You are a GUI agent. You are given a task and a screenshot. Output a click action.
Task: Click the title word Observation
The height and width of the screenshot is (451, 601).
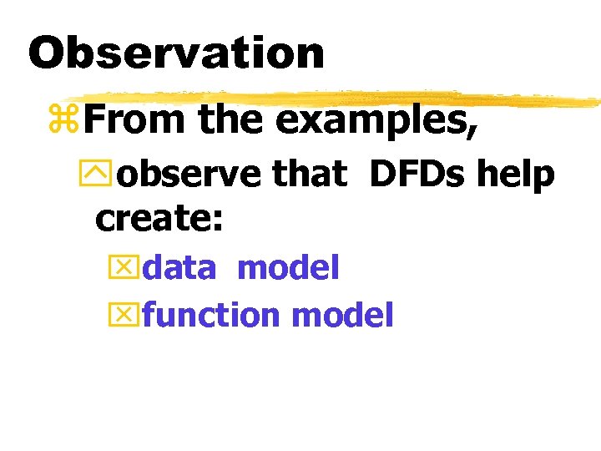click(176, 53)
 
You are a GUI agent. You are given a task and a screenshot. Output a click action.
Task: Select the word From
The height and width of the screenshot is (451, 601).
click(134, 119)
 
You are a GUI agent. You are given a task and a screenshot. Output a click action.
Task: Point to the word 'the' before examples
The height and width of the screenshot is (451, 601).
click(230, 119)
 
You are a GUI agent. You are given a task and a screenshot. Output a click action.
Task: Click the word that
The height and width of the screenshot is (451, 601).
click(309, 174)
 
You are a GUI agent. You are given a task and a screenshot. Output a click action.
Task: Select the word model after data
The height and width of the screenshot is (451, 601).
click(288, 268)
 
